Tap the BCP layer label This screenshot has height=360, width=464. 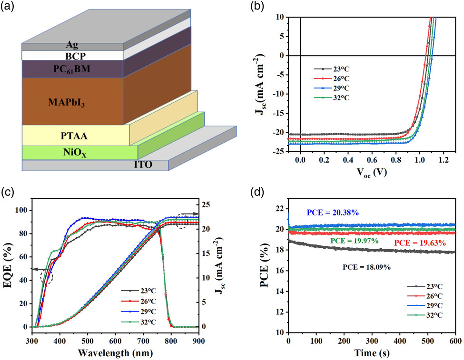pos(72,55)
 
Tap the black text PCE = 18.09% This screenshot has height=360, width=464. pos(367,268)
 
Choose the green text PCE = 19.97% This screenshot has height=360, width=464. pos(355,241)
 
